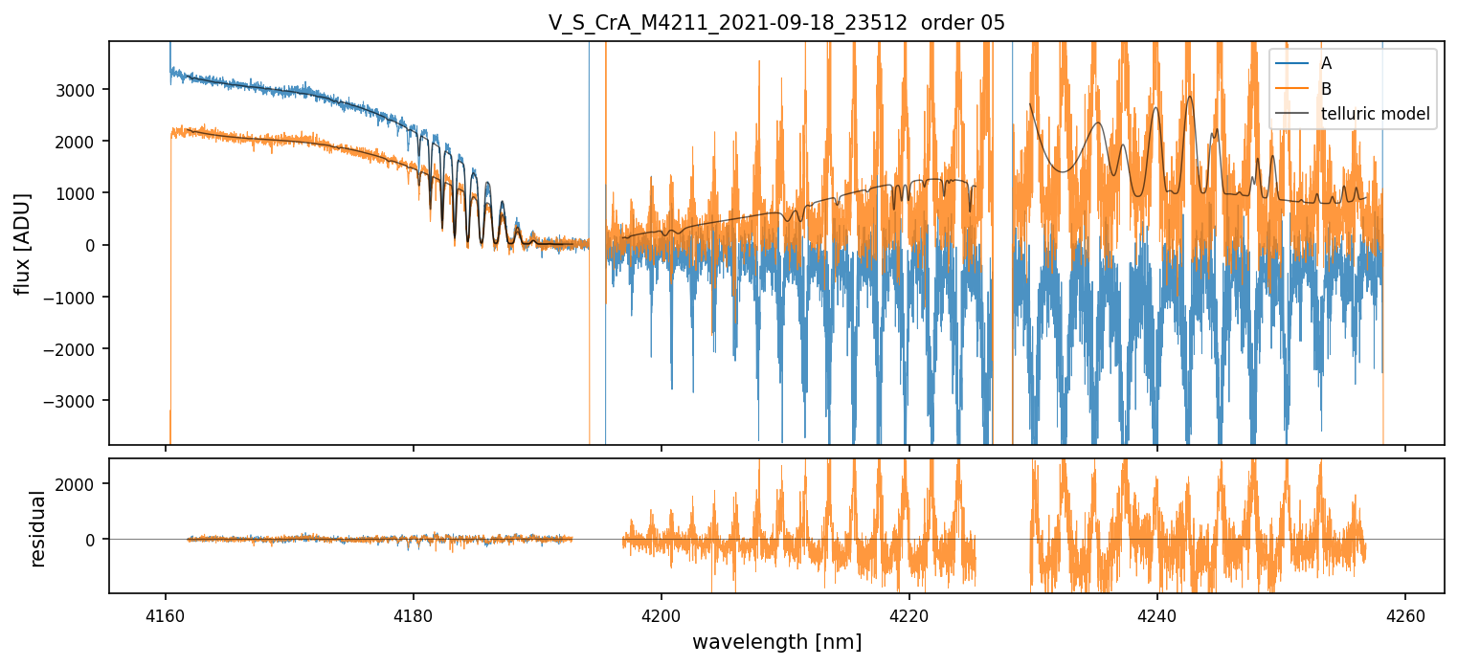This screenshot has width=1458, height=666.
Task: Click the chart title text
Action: point(776,23)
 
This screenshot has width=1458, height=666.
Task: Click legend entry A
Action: point(1326,63)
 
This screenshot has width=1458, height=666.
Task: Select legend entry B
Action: point(1326,89)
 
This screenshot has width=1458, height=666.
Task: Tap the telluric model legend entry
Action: point(1375,115)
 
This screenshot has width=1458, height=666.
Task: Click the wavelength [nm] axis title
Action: point(776,641)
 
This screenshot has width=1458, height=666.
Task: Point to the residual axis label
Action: point(38,528)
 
